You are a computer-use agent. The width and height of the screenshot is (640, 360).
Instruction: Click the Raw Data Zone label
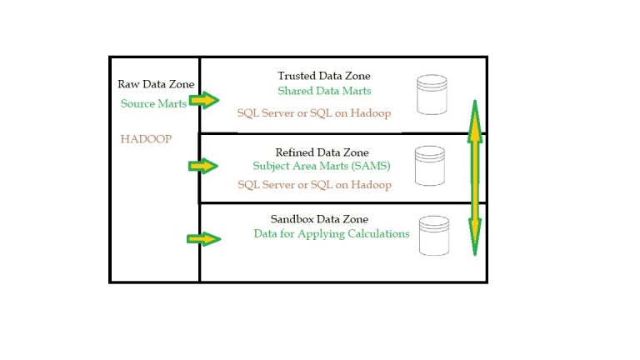[x=156, y=84]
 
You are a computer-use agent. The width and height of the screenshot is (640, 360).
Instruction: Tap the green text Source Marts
[x=153, y=103]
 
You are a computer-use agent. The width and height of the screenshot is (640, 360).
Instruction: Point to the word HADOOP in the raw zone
[x=146, y=138]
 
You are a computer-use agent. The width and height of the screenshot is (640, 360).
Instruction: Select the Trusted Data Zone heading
[x=324, y=76]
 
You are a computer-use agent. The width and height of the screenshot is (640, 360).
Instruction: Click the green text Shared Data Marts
[x=324, y=90]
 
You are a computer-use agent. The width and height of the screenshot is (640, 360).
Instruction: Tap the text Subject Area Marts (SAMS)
[x=321, y=165]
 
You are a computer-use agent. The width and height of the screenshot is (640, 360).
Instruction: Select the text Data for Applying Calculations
[x=332, y=234]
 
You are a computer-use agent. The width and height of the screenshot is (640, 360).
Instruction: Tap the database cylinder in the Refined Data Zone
[x=430, y=165]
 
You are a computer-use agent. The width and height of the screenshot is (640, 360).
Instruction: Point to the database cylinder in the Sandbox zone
[x=435, y=236]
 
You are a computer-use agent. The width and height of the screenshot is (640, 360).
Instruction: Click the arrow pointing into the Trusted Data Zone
[x=203, y=100]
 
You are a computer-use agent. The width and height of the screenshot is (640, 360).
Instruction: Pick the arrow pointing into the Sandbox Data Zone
[x=203, y=239]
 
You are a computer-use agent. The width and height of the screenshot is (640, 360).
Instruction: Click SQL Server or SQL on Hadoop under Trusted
[x=314, y=112]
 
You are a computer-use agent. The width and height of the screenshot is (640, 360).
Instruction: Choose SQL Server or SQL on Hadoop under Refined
[x=314, y=185]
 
